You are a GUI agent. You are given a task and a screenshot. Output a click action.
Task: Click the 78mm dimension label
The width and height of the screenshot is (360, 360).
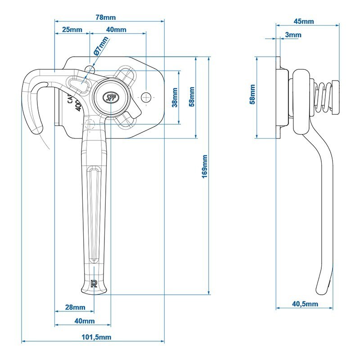(x=106, y=18)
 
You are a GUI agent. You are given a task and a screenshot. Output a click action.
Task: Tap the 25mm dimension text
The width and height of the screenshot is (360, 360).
(x=72, y=30)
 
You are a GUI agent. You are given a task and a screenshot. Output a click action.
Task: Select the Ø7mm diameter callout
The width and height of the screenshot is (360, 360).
(x=101, y=46)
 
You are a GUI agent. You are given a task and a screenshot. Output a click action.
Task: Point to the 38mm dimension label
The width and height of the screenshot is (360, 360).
(x=175, y=97)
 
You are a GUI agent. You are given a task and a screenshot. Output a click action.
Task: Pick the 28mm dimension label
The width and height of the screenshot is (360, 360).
(x=75, y=307)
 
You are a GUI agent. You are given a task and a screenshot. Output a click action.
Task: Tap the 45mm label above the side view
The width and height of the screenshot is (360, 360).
(x=304, y=21)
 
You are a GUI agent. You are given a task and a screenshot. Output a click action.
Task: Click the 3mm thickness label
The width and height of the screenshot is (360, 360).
(x=293, y=35)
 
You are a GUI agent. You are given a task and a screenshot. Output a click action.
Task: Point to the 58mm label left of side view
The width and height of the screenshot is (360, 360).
(x=252, y=94)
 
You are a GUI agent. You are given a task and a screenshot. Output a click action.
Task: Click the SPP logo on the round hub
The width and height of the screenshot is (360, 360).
(x=110, y=96)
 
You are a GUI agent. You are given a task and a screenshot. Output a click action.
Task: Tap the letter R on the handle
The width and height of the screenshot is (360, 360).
(x=94, y=283)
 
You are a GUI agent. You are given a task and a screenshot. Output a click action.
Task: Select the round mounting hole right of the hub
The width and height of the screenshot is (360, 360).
(x=146, y=97)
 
